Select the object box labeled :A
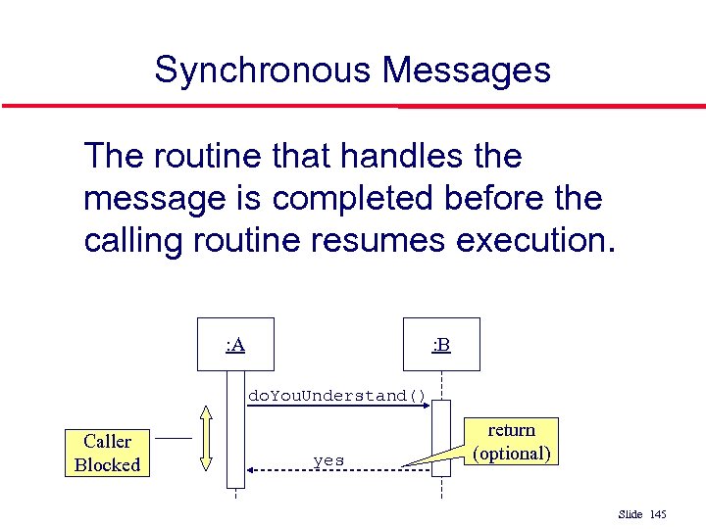(235, 344)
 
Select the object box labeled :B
(441, 344)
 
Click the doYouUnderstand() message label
(337, 396)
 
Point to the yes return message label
(328, 460)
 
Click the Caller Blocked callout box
(107, 453)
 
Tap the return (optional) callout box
(512, 442)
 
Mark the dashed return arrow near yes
(338, 471)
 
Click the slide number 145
(658, 514)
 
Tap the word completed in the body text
(358, 199)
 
